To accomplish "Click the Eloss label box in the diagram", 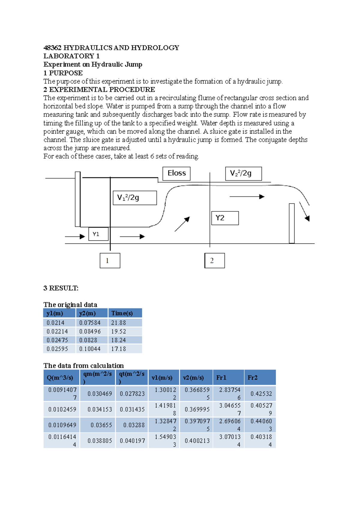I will (x=176, y=174).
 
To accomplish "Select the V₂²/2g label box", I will (x=243, y=174).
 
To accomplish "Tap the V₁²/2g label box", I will (x=135, y=198).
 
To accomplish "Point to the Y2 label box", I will (x=225, y=218).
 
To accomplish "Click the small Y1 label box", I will (x=98, y=234).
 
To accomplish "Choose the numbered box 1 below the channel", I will (x=110, y=260).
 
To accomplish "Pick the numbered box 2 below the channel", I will (x=214, y=260).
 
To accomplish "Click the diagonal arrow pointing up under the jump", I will (x=182, y=224).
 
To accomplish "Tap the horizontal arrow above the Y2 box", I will (x=247, y=197).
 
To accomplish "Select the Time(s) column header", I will (x=124, y=313).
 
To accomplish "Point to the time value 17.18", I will (x=118, y=349).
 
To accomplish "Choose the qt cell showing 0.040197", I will (x=132, y=441).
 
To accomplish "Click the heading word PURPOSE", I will (x=66, y=73).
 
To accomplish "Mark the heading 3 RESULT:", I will (x=61, y=288).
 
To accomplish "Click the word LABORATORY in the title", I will (x=69, y=56).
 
